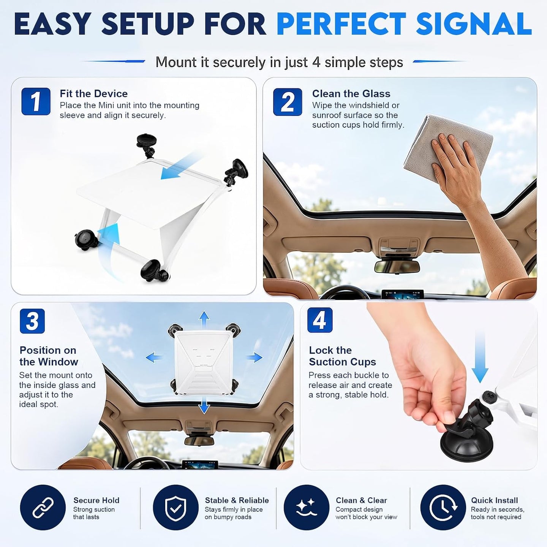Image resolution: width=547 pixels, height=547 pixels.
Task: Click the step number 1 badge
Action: coord(36,101)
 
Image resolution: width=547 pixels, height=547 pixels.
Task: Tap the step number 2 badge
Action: coord(288,102)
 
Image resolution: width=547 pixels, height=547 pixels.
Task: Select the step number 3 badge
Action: coord(32,321)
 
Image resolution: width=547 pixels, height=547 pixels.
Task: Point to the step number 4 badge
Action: coord(320,320)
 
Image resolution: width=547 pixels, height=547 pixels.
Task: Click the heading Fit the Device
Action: coord(94,93)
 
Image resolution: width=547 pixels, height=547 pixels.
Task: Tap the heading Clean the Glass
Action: coord(351,93)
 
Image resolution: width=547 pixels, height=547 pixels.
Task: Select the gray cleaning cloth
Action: coord(447,148)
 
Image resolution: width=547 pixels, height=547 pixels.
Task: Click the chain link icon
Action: coord(43,507)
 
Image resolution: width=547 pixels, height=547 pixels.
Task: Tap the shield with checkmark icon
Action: coord(176,507)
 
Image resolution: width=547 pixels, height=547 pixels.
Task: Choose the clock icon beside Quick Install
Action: coord(443,507)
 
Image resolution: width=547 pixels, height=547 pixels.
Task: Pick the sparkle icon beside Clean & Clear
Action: coord(307,507)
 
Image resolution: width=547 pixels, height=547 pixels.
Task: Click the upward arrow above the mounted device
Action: coord(204,320)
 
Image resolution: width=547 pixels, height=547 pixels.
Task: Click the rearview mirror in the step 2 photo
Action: coord(397,266)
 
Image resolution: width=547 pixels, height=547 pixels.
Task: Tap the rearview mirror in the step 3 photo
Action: coord(199,441)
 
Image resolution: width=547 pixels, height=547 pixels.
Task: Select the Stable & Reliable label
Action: coord(237,500)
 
